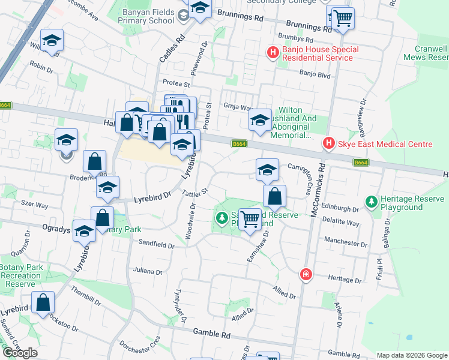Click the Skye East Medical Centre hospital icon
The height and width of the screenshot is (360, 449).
328,144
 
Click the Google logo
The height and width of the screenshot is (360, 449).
20,353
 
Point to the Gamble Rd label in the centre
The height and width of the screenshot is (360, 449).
212,333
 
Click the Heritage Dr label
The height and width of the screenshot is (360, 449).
345,278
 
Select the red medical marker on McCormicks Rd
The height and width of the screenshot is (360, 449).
306,274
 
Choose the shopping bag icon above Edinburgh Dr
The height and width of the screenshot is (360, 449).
274,196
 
